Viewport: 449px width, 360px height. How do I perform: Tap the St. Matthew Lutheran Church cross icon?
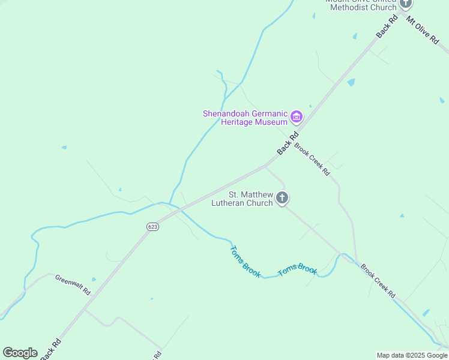click(282, 198)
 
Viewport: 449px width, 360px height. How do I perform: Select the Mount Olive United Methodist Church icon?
click(406, 3)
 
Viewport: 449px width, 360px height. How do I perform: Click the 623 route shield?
click(152, 226)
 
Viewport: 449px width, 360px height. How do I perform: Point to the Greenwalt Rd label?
click(72, 284)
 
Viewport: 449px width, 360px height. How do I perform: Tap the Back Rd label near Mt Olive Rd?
click(387, 27)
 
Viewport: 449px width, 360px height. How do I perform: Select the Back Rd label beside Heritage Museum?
click(288, 145)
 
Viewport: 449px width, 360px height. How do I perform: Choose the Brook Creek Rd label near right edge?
click(378, 281)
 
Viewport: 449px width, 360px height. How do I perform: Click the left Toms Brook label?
click(246, 261)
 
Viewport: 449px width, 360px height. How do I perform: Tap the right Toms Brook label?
click(297, 270)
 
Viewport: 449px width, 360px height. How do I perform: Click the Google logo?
click(20, 353)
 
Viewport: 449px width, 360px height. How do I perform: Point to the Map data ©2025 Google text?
click(412, 355)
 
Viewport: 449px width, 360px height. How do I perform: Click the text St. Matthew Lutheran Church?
click(242, 199)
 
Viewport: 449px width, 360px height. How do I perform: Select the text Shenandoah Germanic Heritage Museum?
click(245, 117)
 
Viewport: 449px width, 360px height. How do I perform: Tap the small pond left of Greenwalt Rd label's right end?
click(94, 279)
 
